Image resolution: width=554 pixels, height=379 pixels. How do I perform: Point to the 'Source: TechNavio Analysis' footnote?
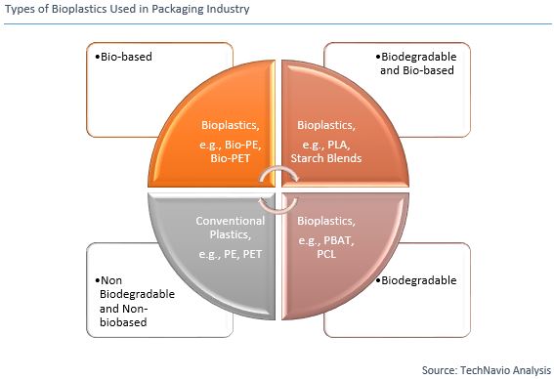click(x=485, y=370)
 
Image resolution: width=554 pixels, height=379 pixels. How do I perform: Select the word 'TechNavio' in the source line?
click(x=486, y=370)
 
